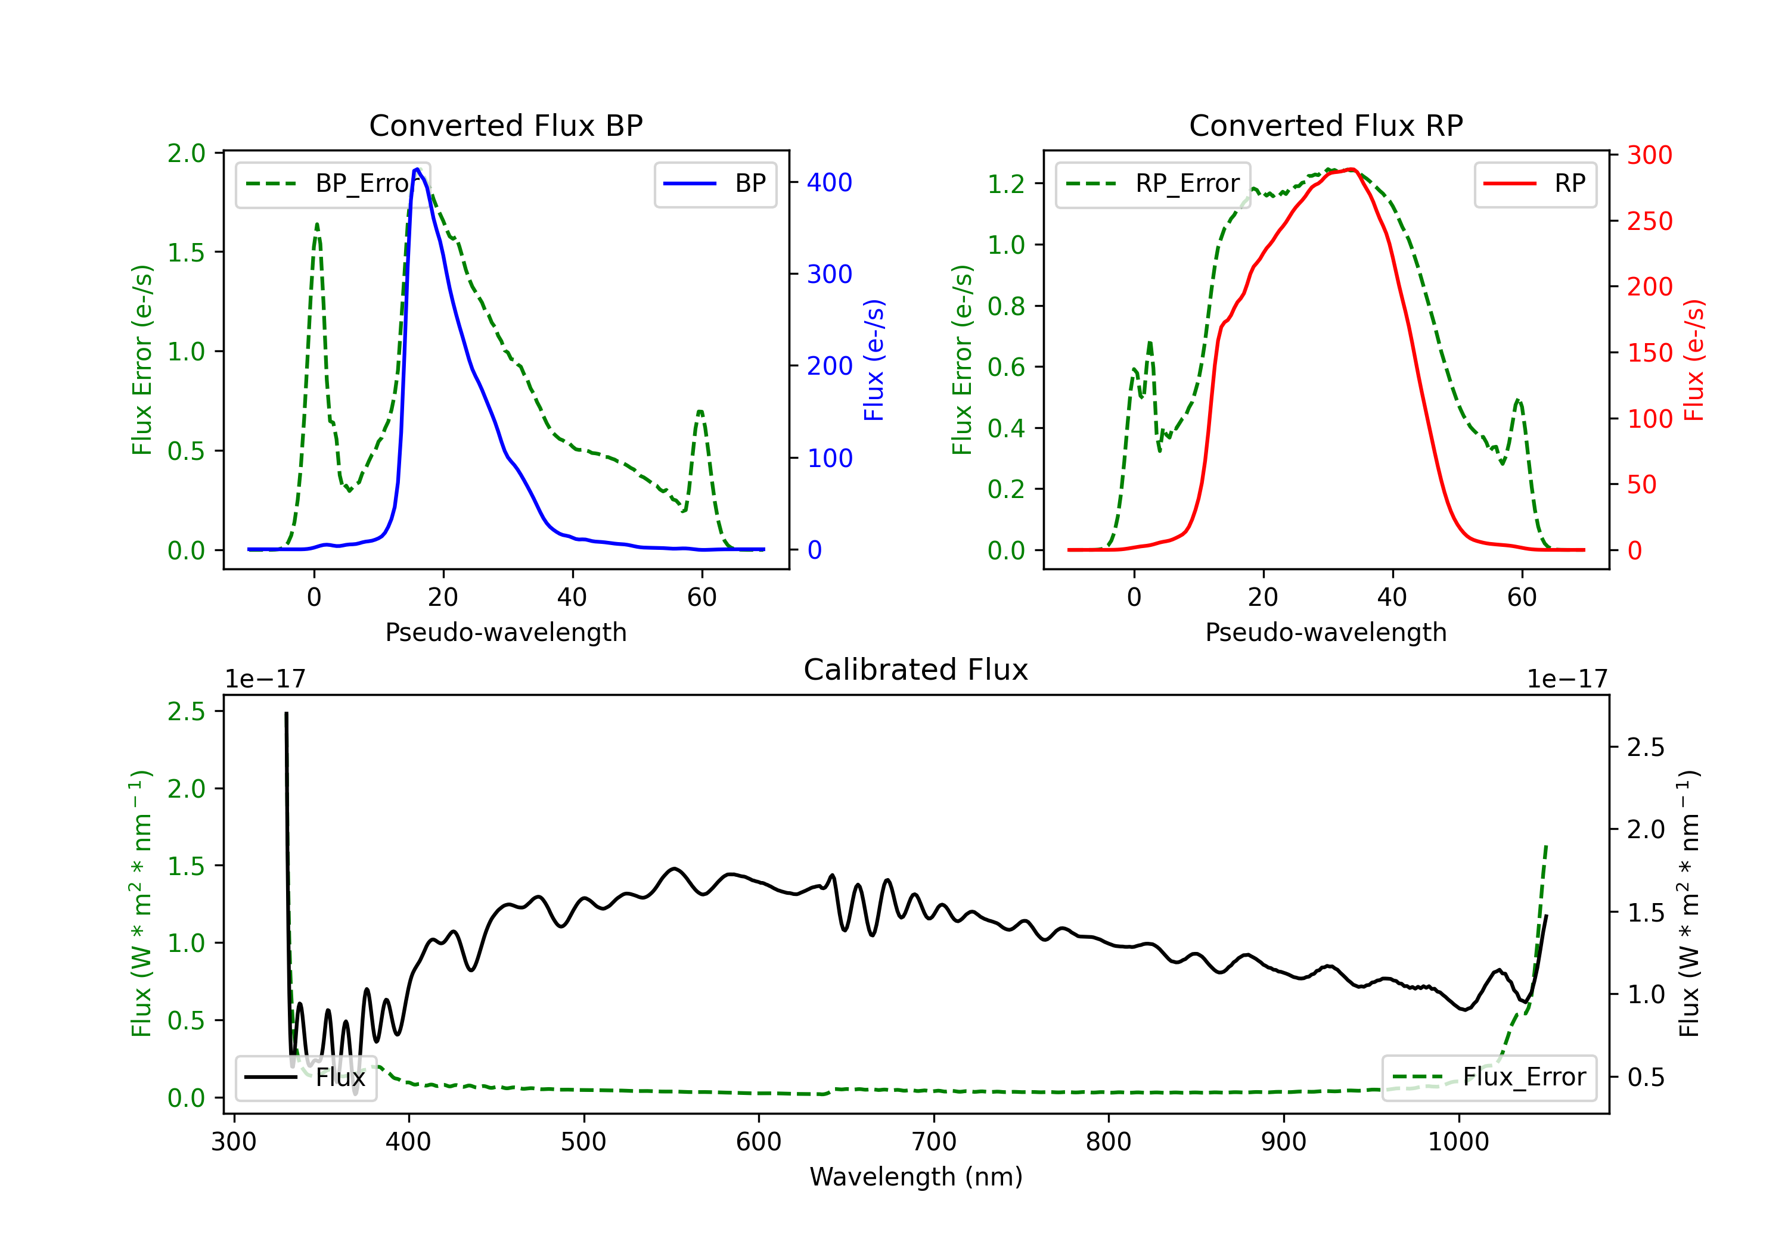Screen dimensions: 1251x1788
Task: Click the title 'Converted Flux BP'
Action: click(x=505, y=125)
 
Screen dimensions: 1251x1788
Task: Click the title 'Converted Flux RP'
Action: click(x=1326, y=125)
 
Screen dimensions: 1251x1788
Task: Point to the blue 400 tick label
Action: click(x=830, y=183)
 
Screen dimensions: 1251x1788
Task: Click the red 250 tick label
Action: click(x=1649, y=221)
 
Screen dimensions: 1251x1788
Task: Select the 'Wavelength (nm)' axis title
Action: click(x=916, y=1177)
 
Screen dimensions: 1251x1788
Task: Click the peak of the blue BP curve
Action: click(x=417, y=169)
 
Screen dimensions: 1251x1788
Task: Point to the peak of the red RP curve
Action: click(x=1351, y=169)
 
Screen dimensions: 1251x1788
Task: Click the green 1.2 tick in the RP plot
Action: click(x=1005, y=185)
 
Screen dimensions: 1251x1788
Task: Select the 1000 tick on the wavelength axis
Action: click(x=1458, y=1142)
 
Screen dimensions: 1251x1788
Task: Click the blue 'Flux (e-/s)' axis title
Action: click(x=874, y=360)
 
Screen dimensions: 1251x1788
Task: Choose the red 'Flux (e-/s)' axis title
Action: click(x=1694, y=360)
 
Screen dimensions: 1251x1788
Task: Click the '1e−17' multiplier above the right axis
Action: click(x=1567, y=680)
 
